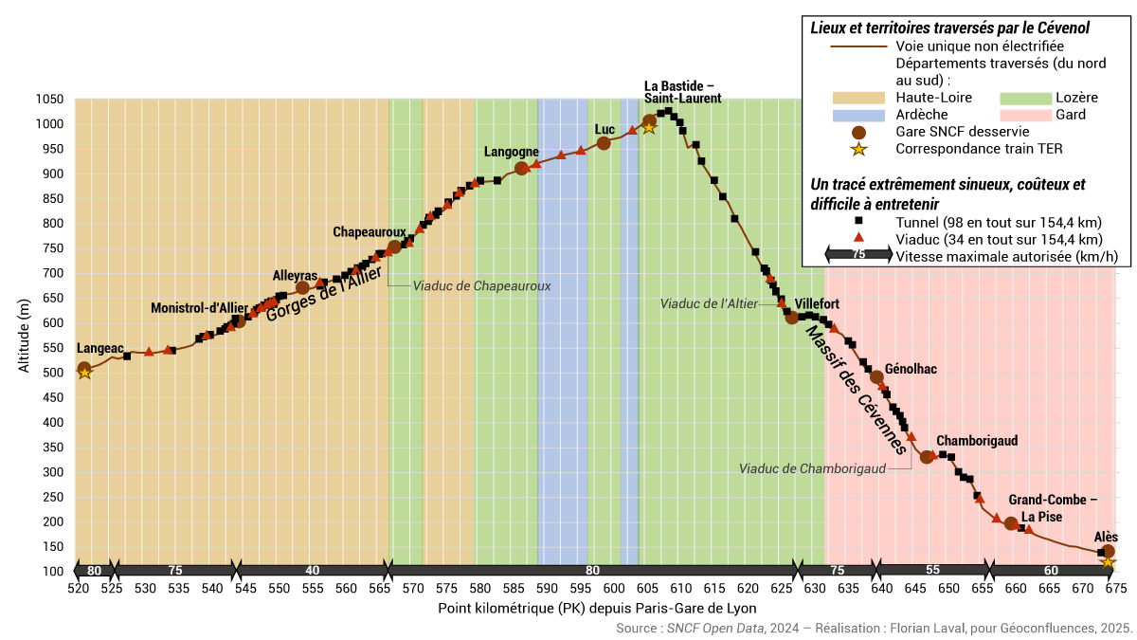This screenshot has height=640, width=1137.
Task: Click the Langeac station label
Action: [99, 349]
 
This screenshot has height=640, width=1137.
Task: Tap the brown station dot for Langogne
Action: [521, 169]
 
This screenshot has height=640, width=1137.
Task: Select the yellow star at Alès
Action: [1107, 562]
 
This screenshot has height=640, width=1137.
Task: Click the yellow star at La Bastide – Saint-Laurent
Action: [649, 127]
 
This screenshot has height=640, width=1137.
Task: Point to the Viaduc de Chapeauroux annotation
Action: [481, 285]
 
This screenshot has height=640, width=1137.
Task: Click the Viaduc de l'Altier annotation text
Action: [709, 303]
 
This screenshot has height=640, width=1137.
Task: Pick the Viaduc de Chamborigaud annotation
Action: [812, 468]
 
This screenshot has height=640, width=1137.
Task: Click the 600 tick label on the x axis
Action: [613, 589]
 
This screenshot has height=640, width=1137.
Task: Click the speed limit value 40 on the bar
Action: [313, 571]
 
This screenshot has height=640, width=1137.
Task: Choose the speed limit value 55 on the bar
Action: [932, 571]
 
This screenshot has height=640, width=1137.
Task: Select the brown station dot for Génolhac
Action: [876, 377]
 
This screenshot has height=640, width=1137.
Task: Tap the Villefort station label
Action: [817, 304]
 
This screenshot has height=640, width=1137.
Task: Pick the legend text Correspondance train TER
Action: [979, 148]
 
